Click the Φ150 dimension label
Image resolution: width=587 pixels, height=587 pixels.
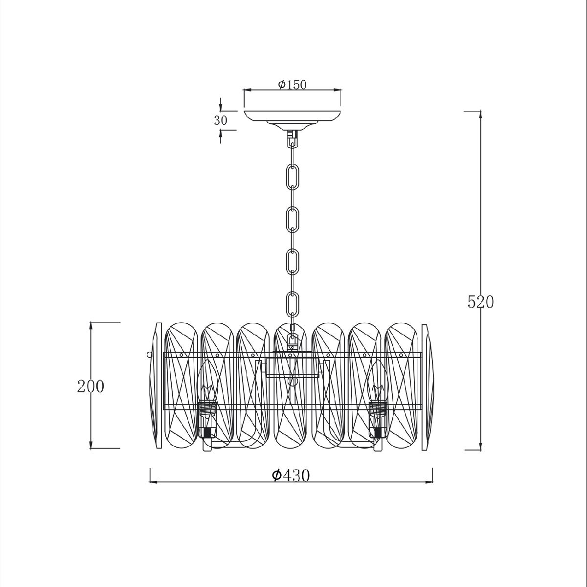(x=292, y=85)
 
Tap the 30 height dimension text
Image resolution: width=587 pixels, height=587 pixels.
(x=221, y=121)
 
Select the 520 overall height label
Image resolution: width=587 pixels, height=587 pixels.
(x=480, y=302)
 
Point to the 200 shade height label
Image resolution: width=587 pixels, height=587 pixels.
(x=90, y=386)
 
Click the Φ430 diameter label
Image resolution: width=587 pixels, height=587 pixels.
(x=291, y=475)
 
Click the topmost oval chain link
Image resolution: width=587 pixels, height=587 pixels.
(x=293, y=176)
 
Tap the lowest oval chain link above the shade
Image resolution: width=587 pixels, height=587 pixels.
(x=293, y=304)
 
